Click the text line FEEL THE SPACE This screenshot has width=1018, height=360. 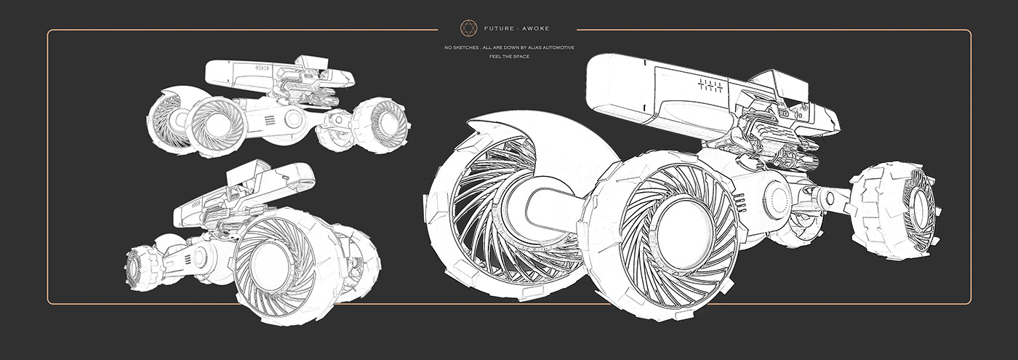coord(509,56)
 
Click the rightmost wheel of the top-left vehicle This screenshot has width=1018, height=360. coord(379,119)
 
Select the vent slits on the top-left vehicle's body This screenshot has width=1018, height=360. coord(270,119)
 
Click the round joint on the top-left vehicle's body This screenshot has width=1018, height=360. coord(294,119)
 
